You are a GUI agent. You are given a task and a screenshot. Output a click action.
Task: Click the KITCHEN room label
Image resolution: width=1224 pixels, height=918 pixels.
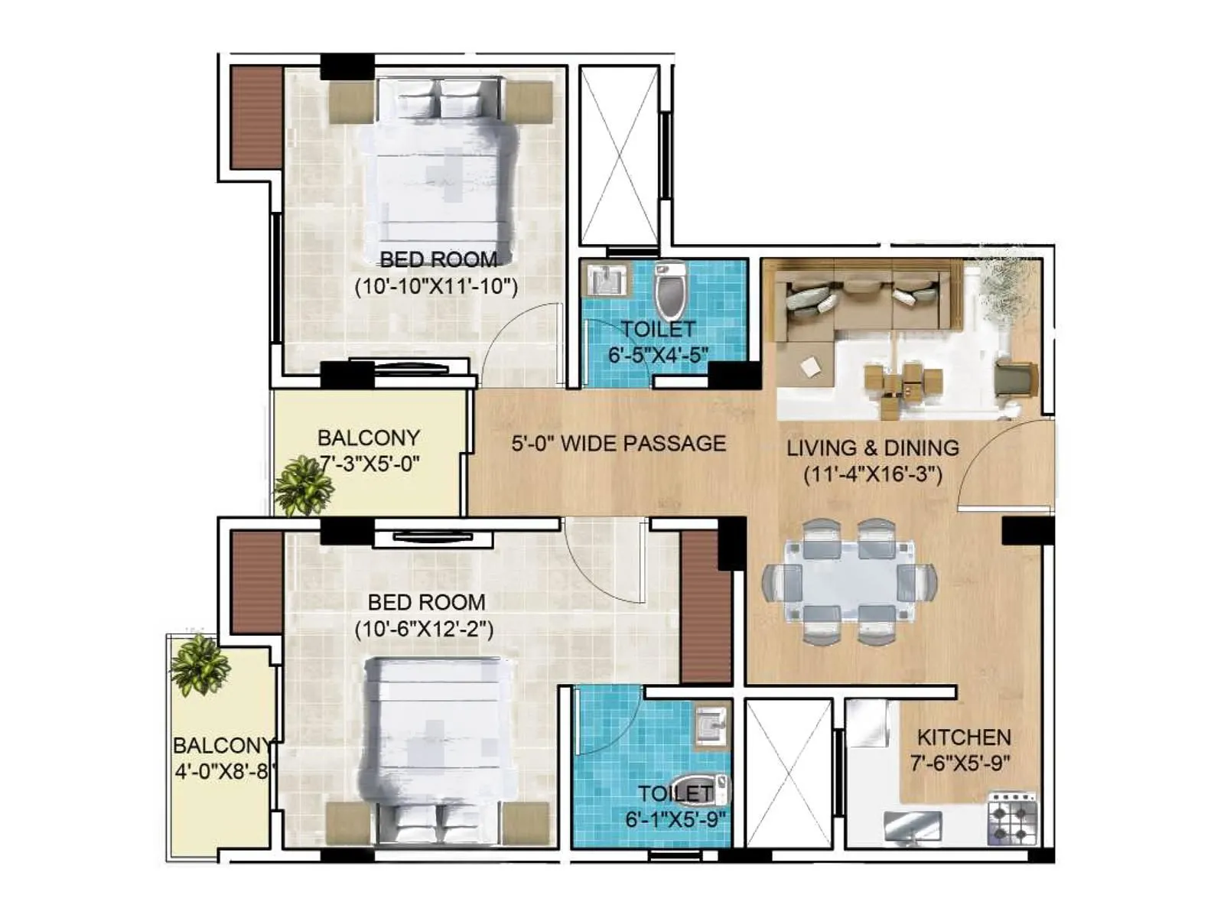pyautogui.click(x=963, y=737)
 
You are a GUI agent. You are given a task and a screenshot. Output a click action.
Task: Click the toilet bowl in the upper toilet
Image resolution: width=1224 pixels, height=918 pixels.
pyautogui.click(x=671, y=292)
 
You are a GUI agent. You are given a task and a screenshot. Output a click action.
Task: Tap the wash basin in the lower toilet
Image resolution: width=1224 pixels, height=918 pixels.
pyautogui.click(x=711, y=724)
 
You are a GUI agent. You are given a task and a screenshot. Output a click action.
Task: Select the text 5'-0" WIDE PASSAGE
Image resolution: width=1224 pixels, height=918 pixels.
pyautogui.click(x=618, y=444)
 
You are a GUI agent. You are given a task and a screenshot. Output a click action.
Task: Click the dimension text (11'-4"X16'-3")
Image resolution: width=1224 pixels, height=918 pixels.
pyautogui.click(x=872, y=474)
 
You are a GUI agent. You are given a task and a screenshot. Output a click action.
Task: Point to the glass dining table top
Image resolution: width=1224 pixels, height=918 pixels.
pyautogui.click(x=849, y=581)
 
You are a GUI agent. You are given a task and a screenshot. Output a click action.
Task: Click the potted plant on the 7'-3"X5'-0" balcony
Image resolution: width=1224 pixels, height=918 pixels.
pyautogui.click(x=303, y=487)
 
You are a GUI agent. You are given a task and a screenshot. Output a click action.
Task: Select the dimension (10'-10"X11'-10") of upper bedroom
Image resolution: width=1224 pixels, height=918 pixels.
pyautogui.click(x=436, y=287)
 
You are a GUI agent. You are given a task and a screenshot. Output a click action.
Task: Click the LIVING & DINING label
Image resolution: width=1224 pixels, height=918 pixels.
pyautogui.click(x=872, y=448)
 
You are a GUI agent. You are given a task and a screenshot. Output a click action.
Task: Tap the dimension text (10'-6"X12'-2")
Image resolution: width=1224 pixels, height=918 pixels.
pyautogui.click(x=424, y=629)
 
